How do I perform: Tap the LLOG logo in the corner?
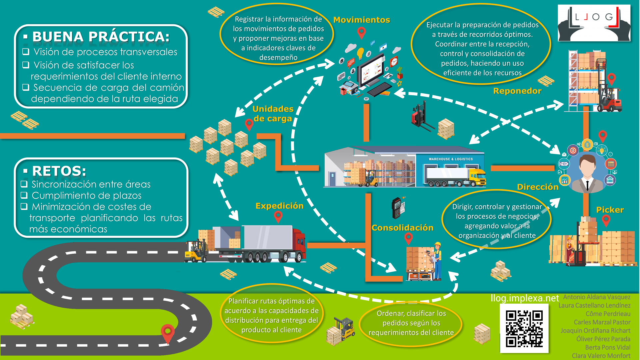pos(594,23)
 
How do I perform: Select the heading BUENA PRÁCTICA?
pos(101,37)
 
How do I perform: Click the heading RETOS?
pos(59,171)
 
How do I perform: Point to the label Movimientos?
pos(362,20)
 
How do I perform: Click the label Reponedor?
pos(517,91)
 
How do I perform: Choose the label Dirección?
pos(538,187)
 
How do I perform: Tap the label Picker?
pos(610,210)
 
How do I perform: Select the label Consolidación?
pos(402,228)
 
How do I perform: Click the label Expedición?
pos(279,206)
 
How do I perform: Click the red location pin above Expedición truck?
pos(278,217)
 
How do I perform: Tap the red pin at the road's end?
pos(168,332)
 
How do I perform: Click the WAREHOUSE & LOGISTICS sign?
pos(450,159)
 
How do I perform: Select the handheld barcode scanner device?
pos(397,208)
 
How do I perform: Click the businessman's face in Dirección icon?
pos(587,165)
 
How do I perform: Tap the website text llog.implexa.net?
pos(524,298)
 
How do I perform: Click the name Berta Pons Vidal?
pos(608,347)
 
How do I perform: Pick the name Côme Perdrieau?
pos(608,314)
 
